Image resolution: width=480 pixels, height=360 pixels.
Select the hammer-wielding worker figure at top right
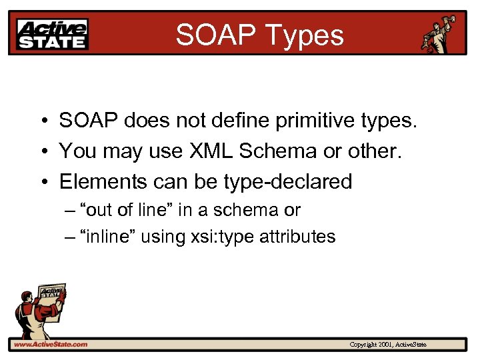(439, 35)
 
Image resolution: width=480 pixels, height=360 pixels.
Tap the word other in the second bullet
(377, 151)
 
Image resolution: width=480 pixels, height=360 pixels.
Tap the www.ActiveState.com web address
(51, 345)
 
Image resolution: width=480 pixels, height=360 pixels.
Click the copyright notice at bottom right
(388, 345)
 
